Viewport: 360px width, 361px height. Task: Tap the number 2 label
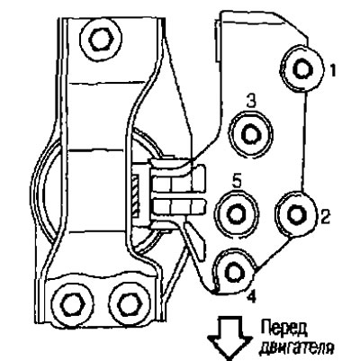(326, 217)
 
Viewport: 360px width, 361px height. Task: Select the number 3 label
(251, 102)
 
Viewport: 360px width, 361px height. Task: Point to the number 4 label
(251, 296)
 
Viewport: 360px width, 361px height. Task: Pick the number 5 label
(237, 183)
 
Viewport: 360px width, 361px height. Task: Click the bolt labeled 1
(301, 68)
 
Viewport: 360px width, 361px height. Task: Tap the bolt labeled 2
(297, 214)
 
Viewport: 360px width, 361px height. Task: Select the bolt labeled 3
(251, 134)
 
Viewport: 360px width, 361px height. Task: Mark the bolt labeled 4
(235, 272)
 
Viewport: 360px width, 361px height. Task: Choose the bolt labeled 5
(237, 213)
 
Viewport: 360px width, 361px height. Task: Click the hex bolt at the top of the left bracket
(102, 39)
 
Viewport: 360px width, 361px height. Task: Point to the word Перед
(283, 329)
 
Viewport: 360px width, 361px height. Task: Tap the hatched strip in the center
(136, 196)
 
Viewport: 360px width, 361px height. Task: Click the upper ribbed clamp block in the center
(177, 179)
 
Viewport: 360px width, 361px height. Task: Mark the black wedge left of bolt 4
(196, 243)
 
